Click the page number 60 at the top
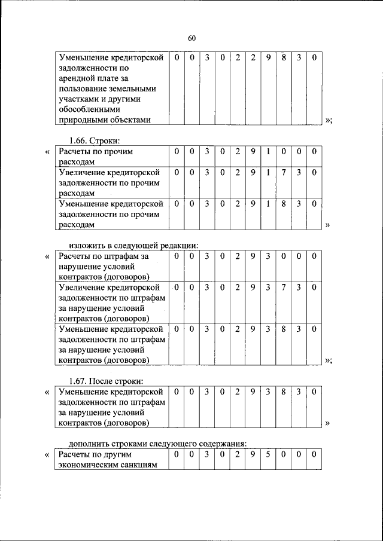pyautogui.click(x=191, y=38)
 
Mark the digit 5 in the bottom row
pyautogui.click(x=269, y=455)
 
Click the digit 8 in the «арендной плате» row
pyautogui.click(x=284, y=58)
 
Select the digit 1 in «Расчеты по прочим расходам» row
pyautogui.click(x=269, y=152)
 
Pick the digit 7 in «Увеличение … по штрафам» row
pyautogui.click(x=284, y=288)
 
